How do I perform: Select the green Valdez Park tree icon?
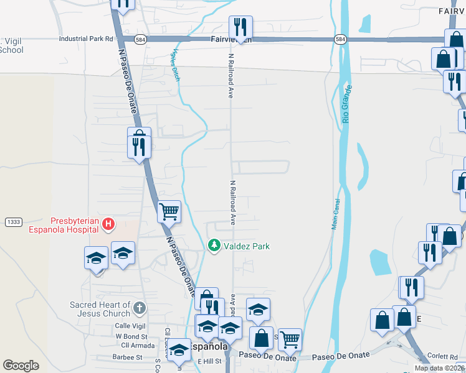click(214, 246)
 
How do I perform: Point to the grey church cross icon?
click(140, 307)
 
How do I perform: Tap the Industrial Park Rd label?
click(87, 39)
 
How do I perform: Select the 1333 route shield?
click(13, 222)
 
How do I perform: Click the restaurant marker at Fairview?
click(240, 28)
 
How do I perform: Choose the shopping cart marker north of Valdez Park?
click(169, 212)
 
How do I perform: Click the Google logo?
click(21, 366)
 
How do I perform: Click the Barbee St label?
click(127, 357)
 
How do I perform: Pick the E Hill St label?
click(210, 362)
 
